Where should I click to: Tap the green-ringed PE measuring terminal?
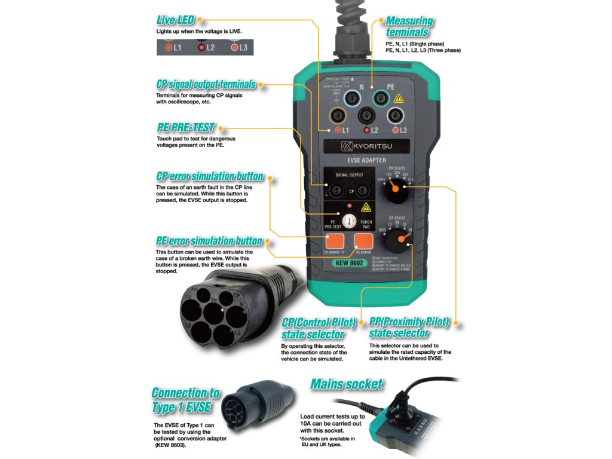[382, 96]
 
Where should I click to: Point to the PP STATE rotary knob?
[394, 191]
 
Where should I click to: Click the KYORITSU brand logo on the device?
[368, 146]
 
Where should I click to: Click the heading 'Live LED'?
[175, 20]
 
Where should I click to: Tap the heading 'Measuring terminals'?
[409, 27]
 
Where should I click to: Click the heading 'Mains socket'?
[347, 384]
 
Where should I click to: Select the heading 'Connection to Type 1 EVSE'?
[185, 400]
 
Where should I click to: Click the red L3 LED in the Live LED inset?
[235, 47]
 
